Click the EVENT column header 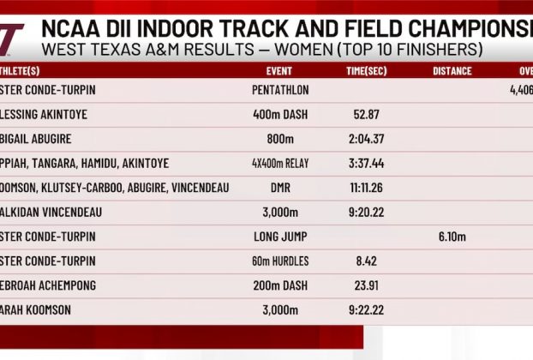pos(273,71)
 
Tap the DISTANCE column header pos(452,71)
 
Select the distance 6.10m pos(452,237)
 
